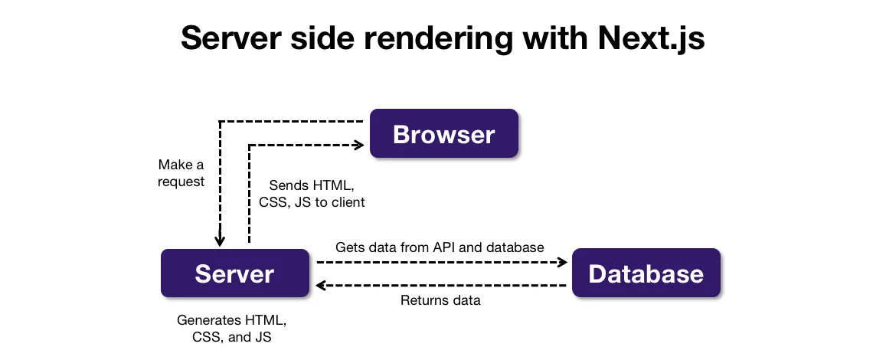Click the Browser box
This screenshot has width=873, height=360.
click(444, 134)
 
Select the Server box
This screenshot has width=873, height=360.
click(234, 273)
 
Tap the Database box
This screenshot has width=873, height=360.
click(646, 273)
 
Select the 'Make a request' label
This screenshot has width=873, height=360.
click(181, 173)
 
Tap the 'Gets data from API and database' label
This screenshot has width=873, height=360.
click(440, 247)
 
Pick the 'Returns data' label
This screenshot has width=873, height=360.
click(440, 300)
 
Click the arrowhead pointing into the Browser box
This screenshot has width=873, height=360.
click(358, 144)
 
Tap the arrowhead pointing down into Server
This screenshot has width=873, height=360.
click(220, 241)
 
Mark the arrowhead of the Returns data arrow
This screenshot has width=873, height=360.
click(322, 286)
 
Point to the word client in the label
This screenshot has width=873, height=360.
click(347, 203)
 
